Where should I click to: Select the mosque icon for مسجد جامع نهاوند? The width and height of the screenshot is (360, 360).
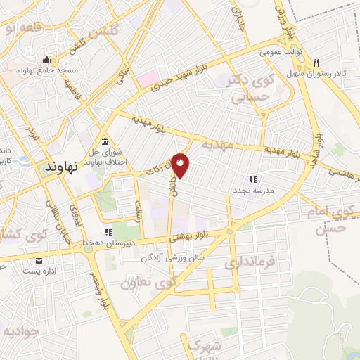pyautogui.click(x=47, y=60)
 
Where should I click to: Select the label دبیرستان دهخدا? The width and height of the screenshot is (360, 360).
pyautogui.click(x=108, y=243)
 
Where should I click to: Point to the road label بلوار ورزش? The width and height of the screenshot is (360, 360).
pyautogui.click(x=281, y=14)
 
